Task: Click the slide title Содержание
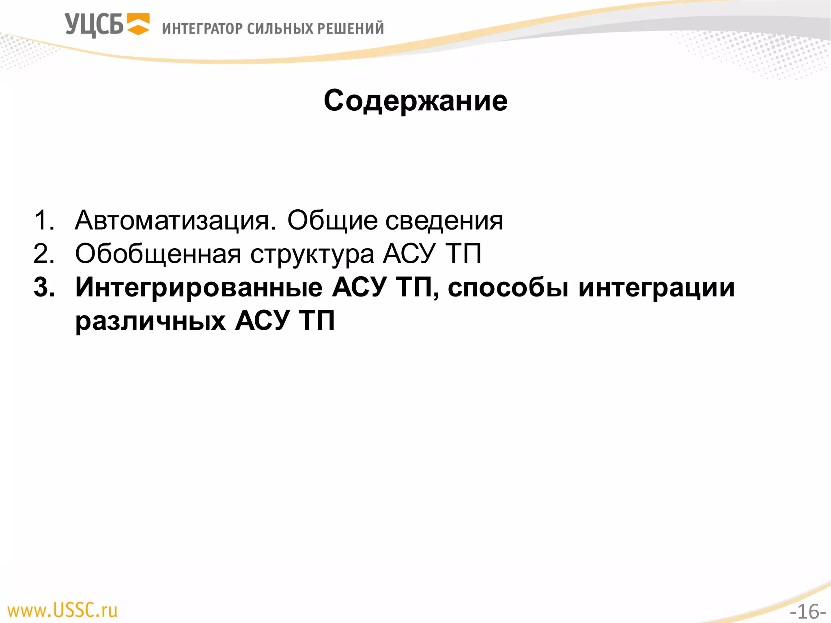[415, 101]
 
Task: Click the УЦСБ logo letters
[94, 25]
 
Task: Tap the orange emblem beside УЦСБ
[138, 24]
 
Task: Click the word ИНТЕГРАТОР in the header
[202, 29]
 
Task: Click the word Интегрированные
[199, 288]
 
